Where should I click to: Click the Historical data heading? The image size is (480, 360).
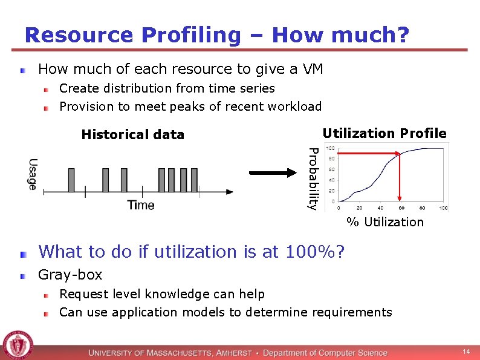[132, 134]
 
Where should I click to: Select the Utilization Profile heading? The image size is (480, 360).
[384, 133]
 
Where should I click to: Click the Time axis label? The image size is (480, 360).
[140, 205]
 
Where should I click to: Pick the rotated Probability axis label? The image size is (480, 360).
[312, 178]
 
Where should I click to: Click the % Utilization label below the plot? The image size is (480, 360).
[385, 222]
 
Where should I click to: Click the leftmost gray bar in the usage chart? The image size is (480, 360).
[71, 180]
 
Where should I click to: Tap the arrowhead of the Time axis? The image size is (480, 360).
[230, 192]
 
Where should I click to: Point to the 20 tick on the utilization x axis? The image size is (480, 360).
[360, 208]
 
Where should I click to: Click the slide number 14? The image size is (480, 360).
[466, 352]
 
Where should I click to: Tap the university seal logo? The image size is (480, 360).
[18, 345]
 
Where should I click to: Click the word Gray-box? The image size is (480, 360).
[70, 275]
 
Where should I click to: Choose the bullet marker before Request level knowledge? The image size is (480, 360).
[47, 295]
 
